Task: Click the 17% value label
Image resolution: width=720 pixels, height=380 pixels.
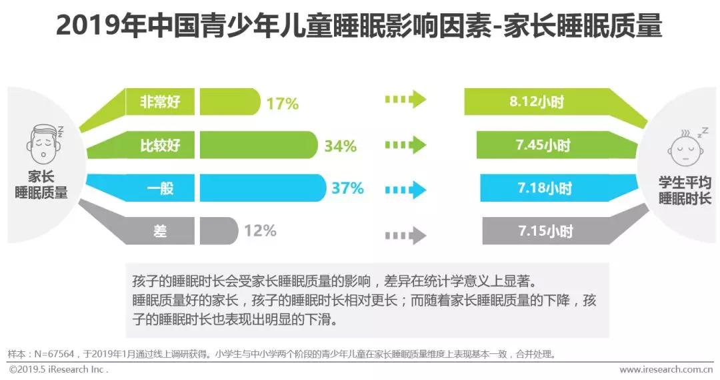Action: (x=282, y=104)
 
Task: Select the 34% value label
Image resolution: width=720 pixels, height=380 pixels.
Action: (x=340, y=146)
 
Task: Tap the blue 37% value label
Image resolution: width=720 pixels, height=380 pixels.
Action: (x=347, y=188)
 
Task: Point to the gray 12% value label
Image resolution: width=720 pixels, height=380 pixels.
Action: (x=260, y=231)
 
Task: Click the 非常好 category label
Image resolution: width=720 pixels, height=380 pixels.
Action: (x=160, y=102)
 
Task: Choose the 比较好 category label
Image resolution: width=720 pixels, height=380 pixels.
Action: (x=160, y=145)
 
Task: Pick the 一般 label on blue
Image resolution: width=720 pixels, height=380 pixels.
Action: (x=160, y=188)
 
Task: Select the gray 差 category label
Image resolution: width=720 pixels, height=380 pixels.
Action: (x=160, y=231)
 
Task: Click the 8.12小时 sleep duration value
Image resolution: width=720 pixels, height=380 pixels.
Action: (x=537, y=102)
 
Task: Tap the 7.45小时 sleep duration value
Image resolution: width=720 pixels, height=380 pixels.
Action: (x=544, y=145)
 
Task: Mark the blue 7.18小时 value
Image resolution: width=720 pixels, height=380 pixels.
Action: (x=545, y=188)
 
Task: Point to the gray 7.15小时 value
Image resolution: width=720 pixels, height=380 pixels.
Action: (x=545, y=231)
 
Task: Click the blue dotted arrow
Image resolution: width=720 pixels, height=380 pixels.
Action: (x=405, y=188)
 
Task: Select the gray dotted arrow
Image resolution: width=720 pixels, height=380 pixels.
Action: (x=405, y=234)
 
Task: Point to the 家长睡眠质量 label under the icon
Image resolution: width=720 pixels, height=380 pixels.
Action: (x=41, y=185)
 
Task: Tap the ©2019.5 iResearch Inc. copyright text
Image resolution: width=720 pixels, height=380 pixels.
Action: (x=59, y=369)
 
